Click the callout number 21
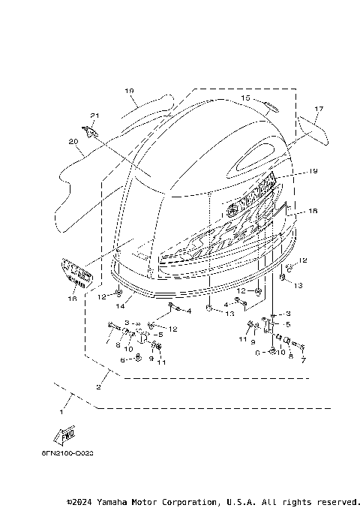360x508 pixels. [94, 115]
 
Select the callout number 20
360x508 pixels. [73, 140]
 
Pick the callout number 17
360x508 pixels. [318, 109]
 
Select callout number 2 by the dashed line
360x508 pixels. [98, 386]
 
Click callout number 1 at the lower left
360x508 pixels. [62, 411]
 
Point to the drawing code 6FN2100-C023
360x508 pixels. [67, 454]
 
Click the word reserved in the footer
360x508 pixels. [337, 500]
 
